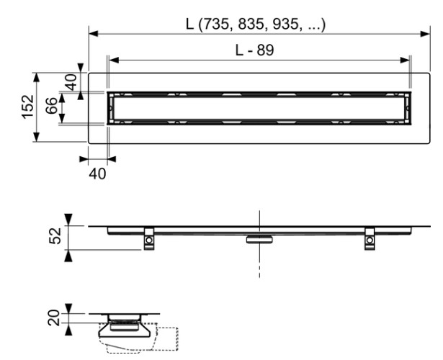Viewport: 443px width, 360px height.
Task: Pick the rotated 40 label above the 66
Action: click(x=71, y=81)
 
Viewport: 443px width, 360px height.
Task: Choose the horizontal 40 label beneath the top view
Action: click(x=97, y=174)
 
